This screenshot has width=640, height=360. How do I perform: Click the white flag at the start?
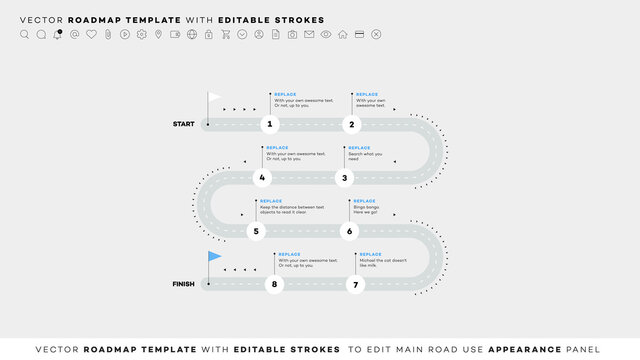click(x=215, y=97)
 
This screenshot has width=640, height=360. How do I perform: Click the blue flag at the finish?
click(x=214, y=256)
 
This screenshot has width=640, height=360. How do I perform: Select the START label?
click(x=183, y=124)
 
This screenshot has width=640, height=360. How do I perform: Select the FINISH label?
click(x=183, y=284)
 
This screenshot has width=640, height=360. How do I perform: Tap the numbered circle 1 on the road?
click(x=269, y=124)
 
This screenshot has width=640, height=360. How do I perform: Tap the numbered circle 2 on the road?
click(x=351, y=124)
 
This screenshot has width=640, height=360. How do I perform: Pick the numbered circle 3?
click(x=344, y=178)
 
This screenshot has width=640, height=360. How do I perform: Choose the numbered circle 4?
click(x=262, y=178)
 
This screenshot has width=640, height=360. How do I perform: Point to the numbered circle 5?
click(x=256, y=231)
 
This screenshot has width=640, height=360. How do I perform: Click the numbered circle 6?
click(x=349, y=231)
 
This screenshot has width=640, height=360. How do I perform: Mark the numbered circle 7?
click(x=355, y=284)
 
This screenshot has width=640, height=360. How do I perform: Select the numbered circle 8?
click(x=274, y=284)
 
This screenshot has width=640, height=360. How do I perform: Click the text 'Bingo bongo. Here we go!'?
click(x=366, y=210)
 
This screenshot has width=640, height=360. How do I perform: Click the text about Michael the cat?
click(x=382, y=263)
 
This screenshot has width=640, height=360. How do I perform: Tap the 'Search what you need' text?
click(x=365, y=156)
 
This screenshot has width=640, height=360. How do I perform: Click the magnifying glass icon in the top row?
click(x=24, y=34)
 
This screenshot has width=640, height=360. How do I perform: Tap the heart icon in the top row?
click(x=91, y=34)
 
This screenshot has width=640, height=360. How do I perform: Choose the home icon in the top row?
click(x=343, y=34)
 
